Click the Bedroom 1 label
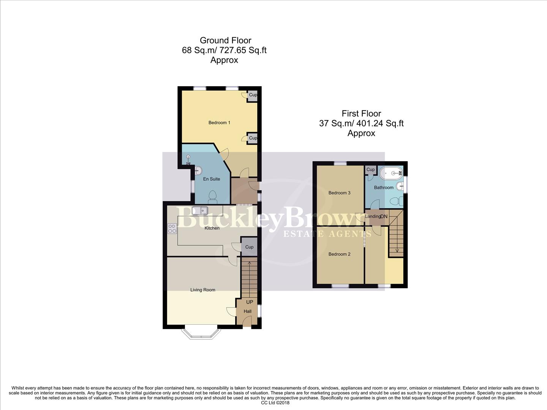[219, 123]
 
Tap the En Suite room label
[212, 179]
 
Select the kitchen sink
[200, 210]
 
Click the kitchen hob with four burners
[172, 229]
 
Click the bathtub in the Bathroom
[391, 174]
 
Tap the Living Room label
[203, 290]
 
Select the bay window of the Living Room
[201, 333]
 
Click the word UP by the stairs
[250, 302]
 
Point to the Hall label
[248, 311]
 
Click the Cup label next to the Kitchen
[249, 247]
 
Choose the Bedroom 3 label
[339, 193]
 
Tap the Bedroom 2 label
[339, 254]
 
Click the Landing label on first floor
[373, 216]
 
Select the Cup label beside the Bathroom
[370, 169]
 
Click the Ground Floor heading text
[225, 40]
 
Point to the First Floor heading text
[361, 114]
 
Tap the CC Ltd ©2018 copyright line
[275, 403]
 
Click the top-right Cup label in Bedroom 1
[253, 95]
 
